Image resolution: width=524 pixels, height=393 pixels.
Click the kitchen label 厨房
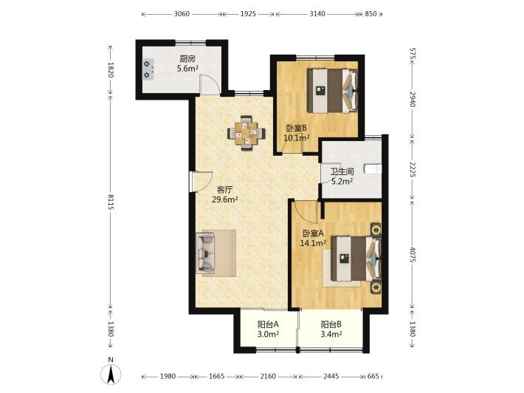tap(187, 59)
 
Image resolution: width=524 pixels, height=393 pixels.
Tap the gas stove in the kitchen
tap(148, 69)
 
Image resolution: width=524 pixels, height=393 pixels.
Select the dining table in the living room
tap(247, 133)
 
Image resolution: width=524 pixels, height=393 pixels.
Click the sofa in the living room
tap(205, 253)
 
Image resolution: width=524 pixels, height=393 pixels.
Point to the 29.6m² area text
tap(225, 200)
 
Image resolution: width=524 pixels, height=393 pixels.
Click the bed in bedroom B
tap(333, 91)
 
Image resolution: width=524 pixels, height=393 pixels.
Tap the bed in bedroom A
tap(356, 259)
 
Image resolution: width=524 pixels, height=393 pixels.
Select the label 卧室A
tap(313, 233)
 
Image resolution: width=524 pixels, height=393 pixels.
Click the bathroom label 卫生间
tap(342, 172)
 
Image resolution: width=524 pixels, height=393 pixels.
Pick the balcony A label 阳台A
tap(269, 324)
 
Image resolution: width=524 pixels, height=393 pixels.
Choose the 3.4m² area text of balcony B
tap(331, 334)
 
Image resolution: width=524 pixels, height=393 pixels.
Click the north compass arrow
tap(111, 375)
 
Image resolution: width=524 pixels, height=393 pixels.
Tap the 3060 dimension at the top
tap(182, 14)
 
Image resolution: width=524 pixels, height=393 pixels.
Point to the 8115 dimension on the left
tap(111, 203)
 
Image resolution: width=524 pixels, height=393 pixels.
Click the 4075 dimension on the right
tap(412, 255)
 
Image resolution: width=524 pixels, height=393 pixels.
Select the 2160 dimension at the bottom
tap(268, 376)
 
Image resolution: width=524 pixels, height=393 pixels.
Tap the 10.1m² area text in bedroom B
tap(297, 138)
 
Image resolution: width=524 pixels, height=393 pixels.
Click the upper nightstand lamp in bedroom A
tap(376, 230)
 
